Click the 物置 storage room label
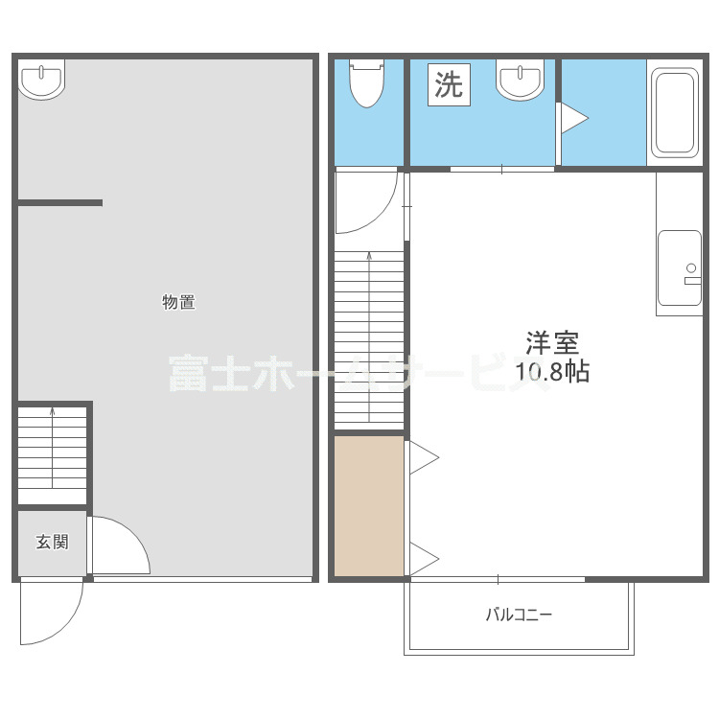178,303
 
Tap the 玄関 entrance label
53,542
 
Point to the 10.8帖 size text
552,372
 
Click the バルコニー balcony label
519,615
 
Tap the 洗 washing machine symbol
449,85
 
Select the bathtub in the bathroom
675,112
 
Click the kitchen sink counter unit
679,271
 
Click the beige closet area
369,505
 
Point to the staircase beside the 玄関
53,454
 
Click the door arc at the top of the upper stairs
369,201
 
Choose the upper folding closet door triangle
422,458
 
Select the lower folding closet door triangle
422,557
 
